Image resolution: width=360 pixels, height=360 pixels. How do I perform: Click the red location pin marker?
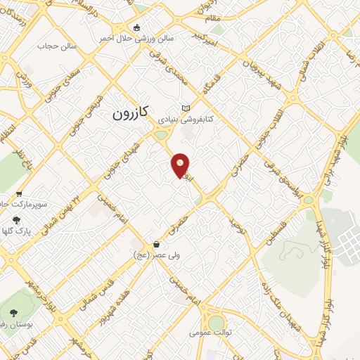point(181,165)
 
